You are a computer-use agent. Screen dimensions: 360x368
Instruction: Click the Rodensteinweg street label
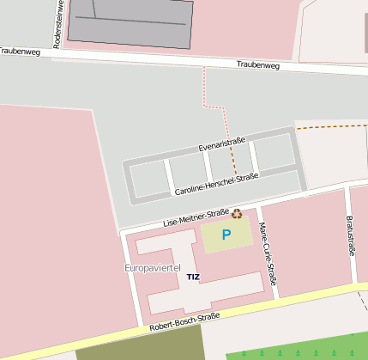(x=59, y=24)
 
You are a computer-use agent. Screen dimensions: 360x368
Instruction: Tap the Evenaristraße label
(x=222, y=143)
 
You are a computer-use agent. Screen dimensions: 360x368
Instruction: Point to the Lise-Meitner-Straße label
(x=196, y=218)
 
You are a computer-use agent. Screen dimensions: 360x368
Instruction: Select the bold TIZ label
(x=193, y=278)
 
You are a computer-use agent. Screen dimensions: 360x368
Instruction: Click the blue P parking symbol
(x=226, y=235)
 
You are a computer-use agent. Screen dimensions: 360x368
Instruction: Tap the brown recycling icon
(x=237, y=214)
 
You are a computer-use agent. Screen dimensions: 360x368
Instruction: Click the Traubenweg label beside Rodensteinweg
(x=21, y=52)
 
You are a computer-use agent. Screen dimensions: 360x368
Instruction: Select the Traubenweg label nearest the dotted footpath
(x=258, y=64)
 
